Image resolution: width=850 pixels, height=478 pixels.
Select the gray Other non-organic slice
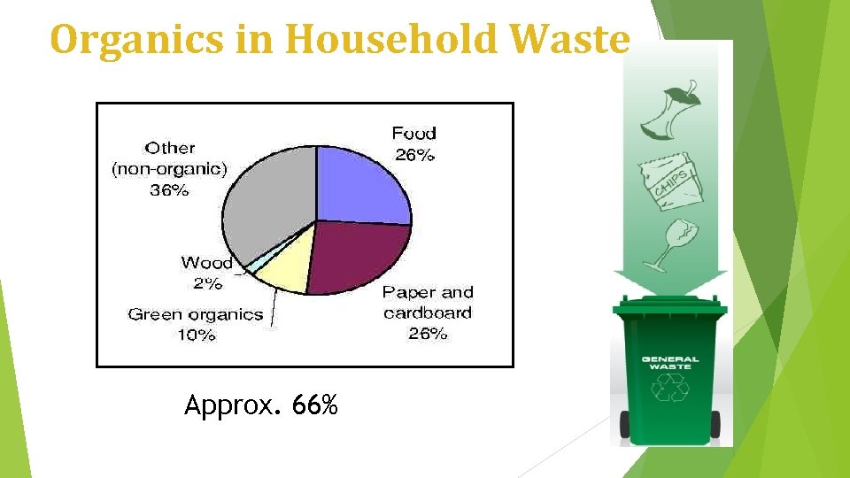(x=266, y=204)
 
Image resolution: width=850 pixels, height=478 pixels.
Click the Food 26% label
(x=413, y=143)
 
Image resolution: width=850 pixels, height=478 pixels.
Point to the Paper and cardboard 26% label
(x=428, y=312)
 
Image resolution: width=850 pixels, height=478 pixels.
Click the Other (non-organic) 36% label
(x=169, y=168)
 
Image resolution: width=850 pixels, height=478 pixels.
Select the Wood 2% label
(x=206, y=272)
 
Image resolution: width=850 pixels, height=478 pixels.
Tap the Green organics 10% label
(x=196, y=324)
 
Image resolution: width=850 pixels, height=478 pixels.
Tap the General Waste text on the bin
(x=669, y=363)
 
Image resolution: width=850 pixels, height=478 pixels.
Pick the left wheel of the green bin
(x=625, y=424)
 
